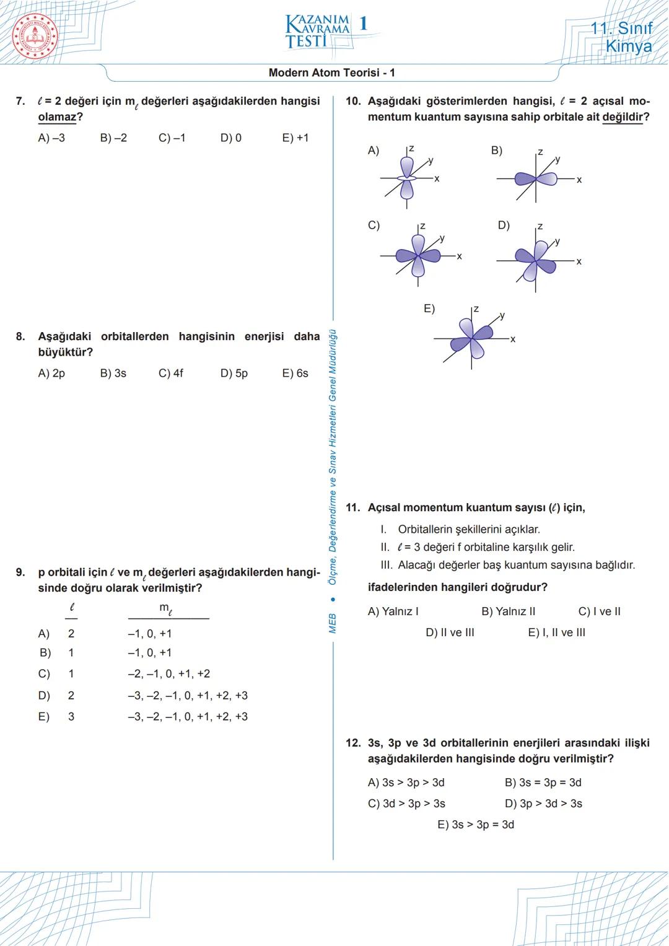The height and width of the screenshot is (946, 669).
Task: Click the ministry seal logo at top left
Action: point(35,35)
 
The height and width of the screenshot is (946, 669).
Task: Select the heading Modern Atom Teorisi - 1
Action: point(331,72)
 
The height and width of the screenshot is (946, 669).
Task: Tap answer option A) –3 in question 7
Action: point(51,138)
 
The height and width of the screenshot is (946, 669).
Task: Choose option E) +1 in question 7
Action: point(295,138)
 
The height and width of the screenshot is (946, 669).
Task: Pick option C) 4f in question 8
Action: point(171,374)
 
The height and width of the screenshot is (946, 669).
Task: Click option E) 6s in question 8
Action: point(295,374)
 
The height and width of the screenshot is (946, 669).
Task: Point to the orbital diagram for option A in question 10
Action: point(407,177)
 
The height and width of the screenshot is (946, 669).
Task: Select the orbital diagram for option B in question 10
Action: point(536,178)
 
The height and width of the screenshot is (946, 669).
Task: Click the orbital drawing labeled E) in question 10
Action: point(473,338)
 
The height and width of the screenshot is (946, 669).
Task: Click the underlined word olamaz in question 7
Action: point(57,117)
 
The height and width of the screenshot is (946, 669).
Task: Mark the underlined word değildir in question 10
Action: point(623,117)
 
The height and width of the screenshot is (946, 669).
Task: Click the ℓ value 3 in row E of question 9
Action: point(71,717)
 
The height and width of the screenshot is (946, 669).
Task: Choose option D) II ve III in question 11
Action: point(450,633)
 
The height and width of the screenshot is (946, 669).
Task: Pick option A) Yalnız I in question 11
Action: point(393,611)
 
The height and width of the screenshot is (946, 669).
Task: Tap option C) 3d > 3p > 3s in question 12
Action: point(406,804)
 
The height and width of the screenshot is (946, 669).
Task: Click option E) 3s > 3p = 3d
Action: point(476,825)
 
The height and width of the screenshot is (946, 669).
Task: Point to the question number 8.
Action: point(20,336)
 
